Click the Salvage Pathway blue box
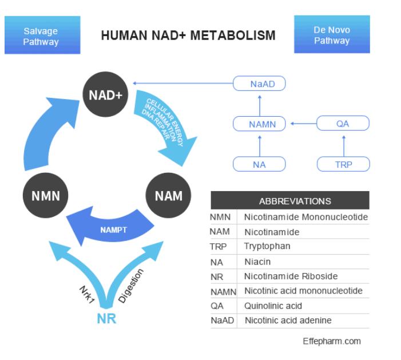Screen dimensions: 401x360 tap(42, 35)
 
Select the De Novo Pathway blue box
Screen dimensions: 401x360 tap(332, 34)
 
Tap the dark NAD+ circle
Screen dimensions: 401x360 tap(105, 94)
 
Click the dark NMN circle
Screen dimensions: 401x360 tap(46, 196)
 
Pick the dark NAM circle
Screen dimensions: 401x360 tap(168, 196)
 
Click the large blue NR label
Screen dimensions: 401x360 tap(106, 319)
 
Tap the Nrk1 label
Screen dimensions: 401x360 tap(87, 295)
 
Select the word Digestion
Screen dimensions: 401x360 tap(131, 286)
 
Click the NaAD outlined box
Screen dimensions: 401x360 tap(259, 84)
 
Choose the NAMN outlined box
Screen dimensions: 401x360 tap(259, 124)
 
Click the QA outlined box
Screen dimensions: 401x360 tap(343, 123)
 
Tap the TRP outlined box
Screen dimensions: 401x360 tap(343, 164)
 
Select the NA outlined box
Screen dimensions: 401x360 tap(259, 164)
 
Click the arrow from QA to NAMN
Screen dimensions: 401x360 tap(304, 124)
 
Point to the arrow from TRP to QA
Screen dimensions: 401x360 tap(344, 146)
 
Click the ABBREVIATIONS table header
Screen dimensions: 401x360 tap(290, 200)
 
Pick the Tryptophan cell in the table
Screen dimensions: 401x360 tap(267, 246)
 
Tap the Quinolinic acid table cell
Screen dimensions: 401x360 tap(273, 306)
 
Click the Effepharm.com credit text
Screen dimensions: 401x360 tap(332, 341)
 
